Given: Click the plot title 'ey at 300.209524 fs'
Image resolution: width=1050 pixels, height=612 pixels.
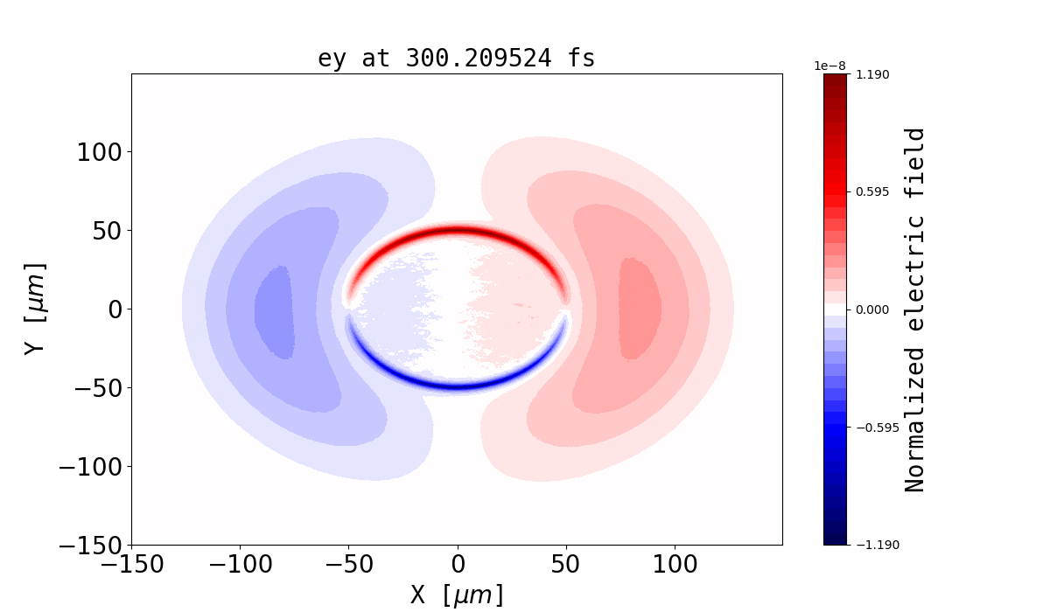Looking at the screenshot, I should tap(456, 59).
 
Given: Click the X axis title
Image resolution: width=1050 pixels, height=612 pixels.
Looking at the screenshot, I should tap(457, 595).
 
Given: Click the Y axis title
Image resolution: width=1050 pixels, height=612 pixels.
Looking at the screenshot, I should tap(35, 309).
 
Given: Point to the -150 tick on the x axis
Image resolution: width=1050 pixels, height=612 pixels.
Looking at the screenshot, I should tap(132, 564).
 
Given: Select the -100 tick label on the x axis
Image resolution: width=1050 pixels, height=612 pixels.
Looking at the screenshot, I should tap(240, 564).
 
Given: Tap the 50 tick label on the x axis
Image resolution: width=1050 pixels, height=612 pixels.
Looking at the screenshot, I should tap(566, 564).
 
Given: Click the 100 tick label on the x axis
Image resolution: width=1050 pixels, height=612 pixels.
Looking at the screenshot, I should tap(675, 564).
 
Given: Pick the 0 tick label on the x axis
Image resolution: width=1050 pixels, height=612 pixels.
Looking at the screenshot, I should tap(458, 564).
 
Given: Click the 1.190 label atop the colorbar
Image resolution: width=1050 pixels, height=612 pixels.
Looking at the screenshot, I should tap(871, 74).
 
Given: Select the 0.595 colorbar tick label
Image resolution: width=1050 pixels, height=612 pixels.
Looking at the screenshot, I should tap(871, 191).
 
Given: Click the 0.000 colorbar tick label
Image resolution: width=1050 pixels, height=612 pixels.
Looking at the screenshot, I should tap(871, 309).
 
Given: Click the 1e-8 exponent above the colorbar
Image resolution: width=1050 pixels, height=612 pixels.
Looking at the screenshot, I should tap(829, 66).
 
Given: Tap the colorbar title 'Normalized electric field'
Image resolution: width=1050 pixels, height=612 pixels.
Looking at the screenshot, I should tap(915, 309).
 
